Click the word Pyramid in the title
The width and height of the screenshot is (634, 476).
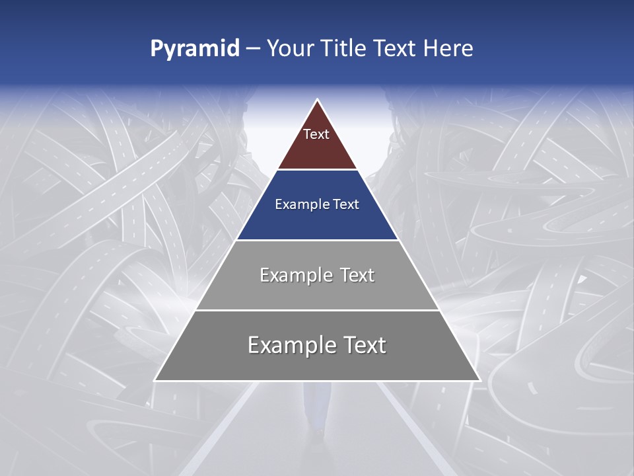click(195, 49)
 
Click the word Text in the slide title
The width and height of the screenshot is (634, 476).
click(396, 49)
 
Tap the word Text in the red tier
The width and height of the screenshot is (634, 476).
click(316, 134)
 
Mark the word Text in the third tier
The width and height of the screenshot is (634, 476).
click(357, 275)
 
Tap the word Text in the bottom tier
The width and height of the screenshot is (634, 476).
click(363, 345)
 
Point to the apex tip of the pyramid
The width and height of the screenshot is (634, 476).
click(317, 100)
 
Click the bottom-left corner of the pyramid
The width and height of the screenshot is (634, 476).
click(156, 380)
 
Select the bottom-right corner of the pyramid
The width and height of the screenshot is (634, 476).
click(479, 380)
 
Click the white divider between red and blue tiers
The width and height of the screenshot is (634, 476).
click(317, 170)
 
